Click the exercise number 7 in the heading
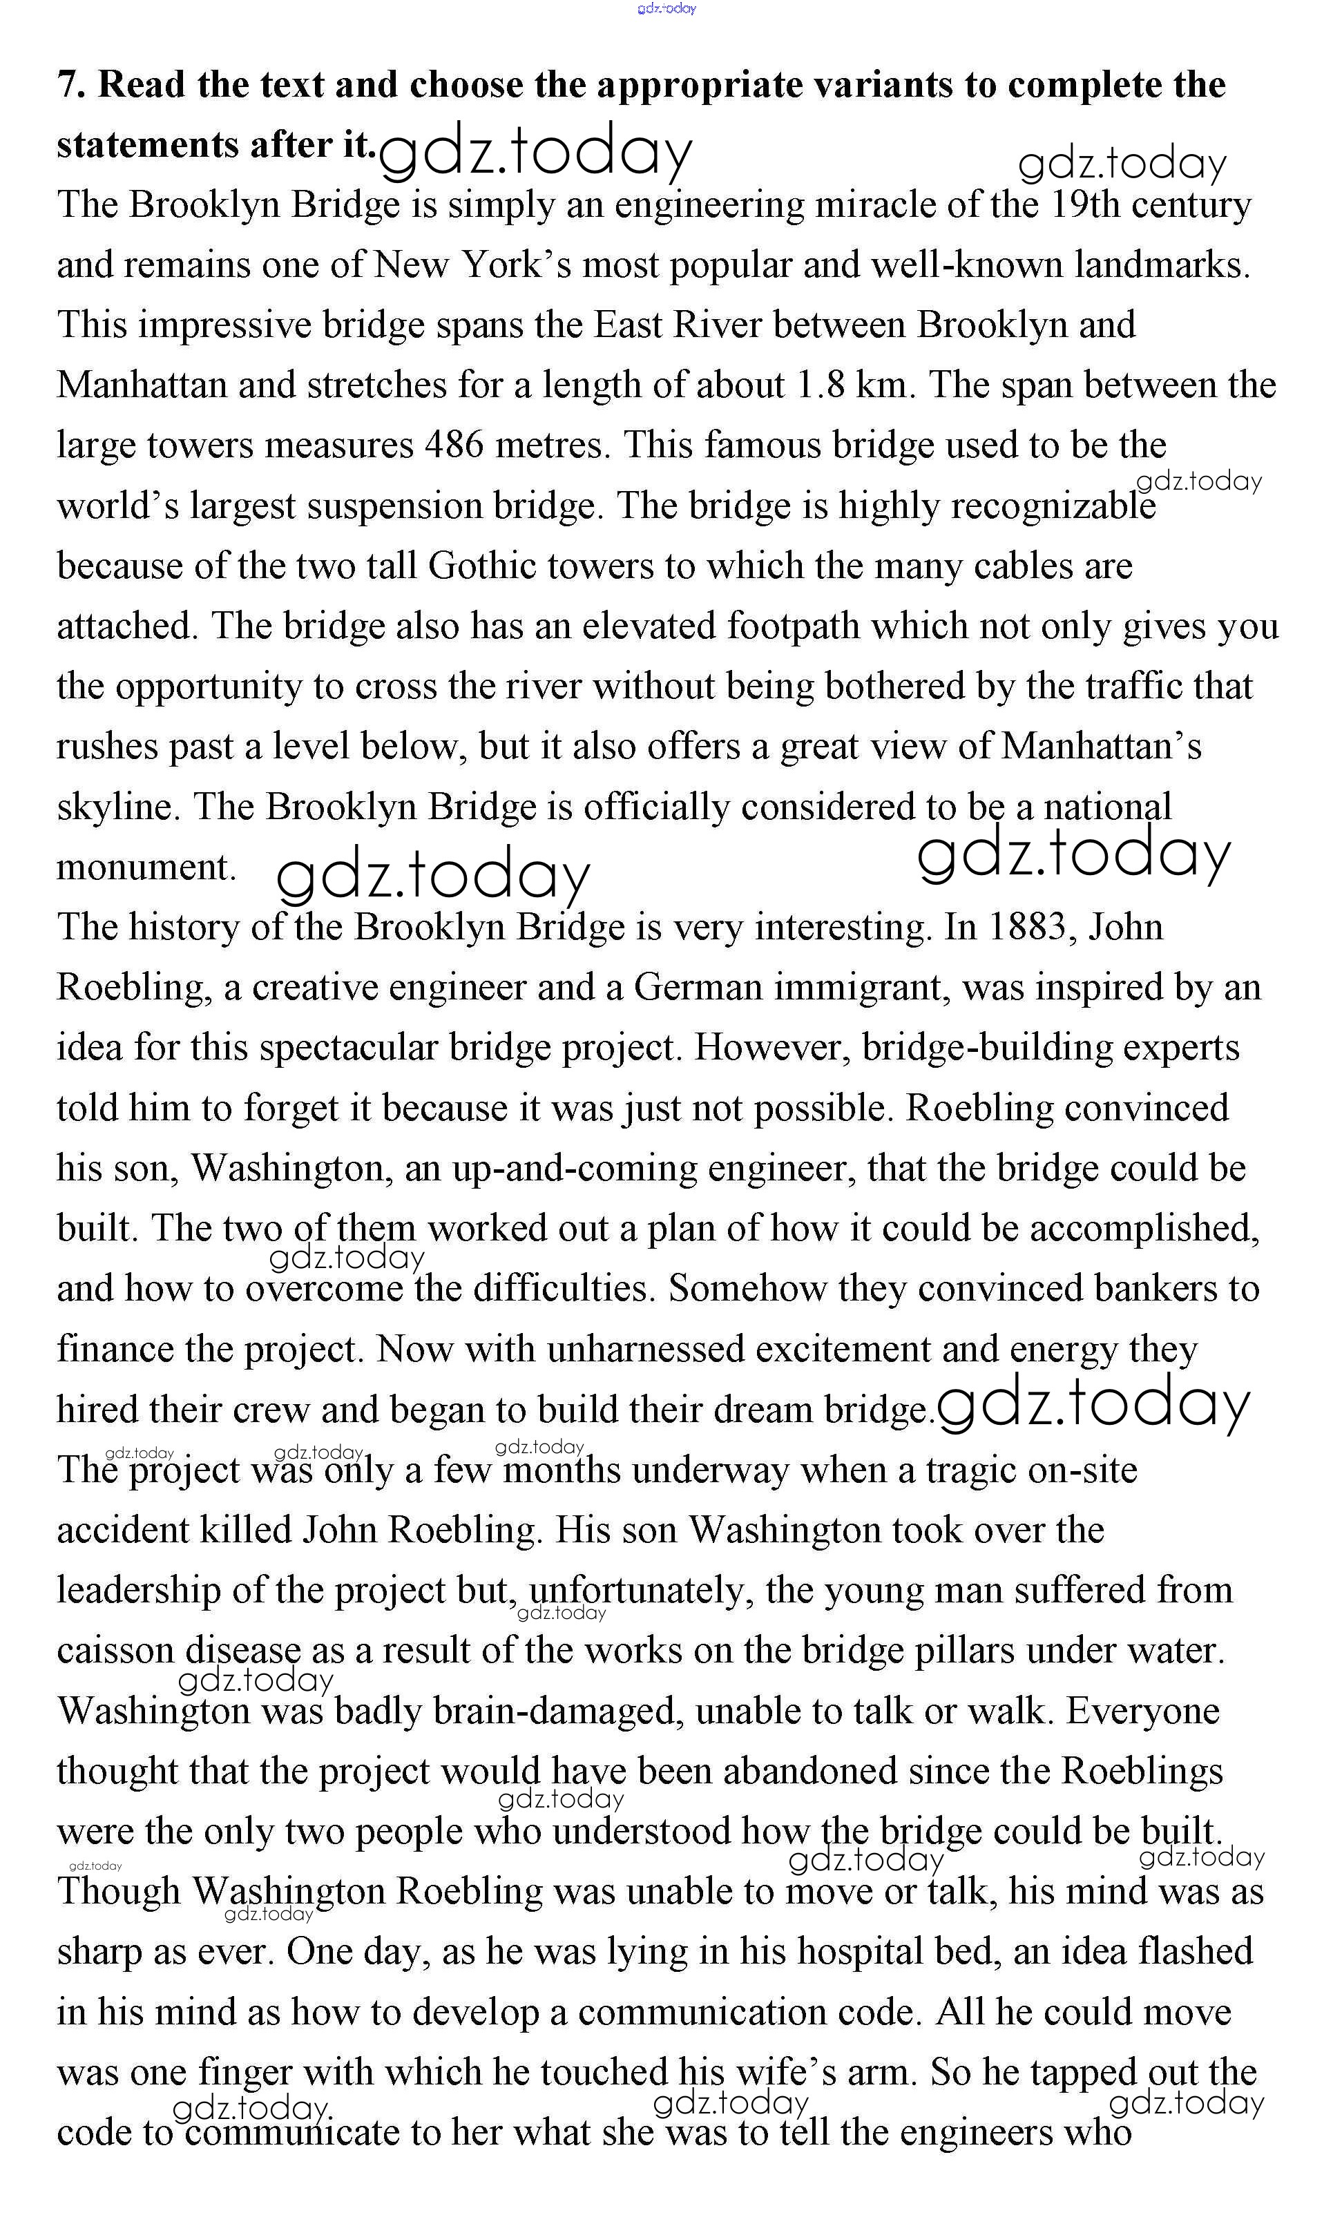[x=68, y=86]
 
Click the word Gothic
[x=485, y=566]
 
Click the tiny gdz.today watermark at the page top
[x=666, y=8]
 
